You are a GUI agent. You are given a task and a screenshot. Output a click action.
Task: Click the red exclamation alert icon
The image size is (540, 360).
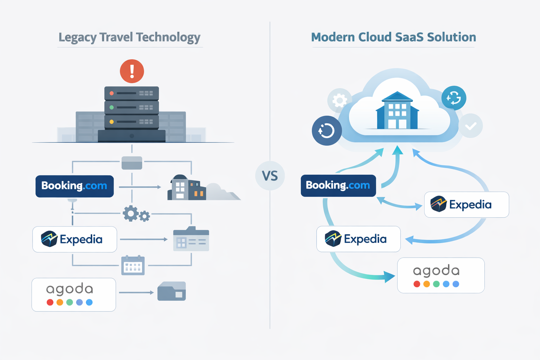(x=132, y=71)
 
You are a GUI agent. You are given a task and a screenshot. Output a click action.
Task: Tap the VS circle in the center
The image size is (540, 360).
(x=270, y=176)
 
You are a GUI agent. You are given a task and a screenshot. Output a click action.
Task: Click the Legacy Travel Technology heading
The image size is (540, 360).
(x=129, y=37)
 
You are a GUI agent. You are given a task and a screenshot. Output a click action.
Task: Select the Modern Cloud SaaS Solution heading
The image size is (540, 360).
(x=393, y=37)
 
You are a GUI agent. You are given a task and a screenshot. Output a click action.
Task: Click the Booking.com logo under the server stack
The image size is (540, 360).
(x=75, y=186)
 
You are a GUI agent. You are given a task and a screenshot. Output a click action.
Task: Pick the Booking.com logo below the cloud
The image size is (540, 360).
(x=338, y=185)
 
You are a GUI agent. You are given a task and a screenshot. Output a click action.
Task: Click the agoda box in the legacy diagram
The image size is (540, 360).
(x=74, y=295)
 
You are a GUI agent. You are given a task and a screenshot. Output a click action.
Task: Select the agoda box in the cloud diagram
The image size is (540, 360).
(x=441, y=275)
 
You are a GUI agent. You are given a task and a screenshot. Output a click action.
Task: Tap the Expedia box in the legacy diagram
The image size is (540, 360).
(x=75, y=239)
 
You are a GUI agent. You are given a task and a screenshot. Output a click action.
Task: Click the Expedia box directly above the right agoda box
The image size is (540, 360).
(x=358, y=239)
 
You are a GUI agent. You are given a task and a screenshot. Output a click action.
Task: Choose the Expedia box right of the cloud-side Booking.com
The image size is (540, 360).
(x=466, y=205)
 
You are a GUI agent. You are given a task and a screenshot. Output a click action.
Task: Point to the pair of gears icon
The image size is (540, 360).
(x=136, y=214)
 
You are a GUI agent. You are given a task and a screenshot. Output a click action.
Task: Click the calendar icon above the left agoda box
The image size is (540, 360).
(x=133, y=265)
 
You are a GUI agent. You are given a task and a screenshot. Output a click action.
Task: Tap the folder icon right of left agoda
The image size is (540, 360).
(x=172, y=291)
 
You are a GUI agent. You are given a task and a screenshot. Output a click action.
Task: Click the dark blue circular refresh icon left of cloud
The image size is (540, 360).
(x=327, y=131)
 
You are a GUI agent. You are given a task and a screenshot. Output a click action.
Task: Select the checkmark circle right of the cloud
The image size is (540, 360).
(x=471, y=126)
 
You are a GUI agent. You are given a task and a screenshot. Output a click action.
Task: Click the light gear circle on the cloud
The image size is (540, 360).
(x=339, y=101)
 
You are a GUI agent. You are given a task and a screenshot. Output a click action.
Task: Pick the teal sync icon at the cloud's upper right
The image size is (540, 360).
(x=454, y=98)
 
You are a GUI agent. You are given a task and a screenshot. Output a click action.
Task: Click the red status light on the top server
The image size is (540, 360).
(x=111, y=93)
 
